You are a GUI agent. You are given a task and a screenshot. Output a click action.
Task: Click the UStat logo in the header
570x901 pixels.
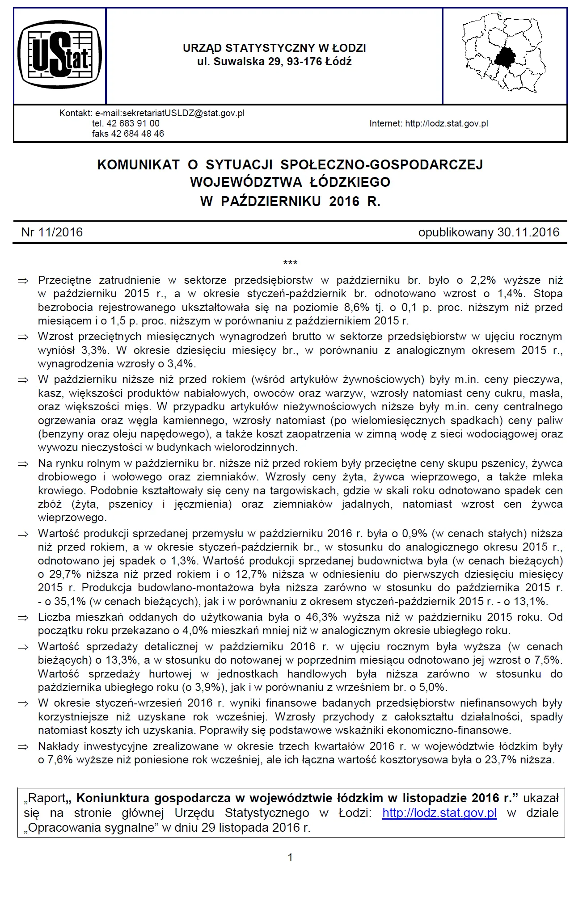tap(59, 55)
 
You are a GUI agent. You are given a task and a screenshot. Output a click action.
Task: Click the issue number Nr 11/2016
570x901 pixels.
tap(52, 232)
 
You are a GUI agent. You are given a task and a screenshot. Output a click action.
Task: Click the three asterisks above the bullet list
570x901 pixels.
tap(290, 262)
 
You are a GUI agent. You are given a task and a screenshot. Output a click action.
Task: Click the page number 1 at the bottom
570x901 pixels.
tap(291, 857)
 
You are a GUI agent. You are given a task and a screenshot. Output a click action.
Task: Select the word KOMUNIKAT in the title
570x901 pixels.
tap(138, 165)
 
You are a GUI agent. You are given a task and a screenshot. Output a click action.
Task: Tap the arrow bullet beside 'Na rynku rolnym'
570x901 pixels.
tap(23, 464)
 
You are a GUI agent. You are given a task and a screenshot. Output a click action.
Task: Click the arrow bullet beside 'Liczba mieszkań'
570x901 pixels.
tap(23, 618)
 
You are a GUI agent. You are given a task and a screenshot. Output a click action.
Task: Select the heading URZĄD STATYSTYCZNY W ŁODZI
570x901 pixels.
tap(274, 48)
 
